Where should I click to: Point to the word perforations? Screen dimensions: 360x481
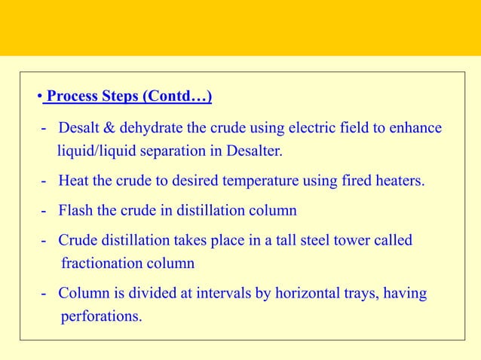[100, 316]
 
